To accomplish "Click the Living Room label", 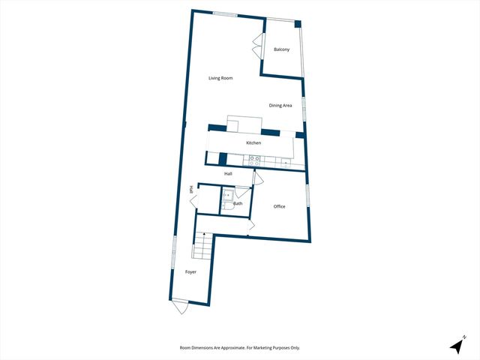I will (x=220, y=78).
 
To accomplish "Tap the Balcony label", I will (x=281, y=49).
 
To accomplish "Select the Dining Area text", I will (x=280, y=106).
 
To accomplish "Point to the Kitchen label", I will (x=253, y=142).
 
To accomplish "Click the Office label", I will (x=279, y=206).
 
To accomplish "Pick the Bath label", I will (x=238, y=203).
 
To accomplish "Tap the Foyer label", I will (x=190, y=271).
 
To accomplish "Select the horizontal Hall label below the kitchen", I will (x=228, y=174).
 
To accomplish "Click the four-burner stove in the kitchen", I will (x=254, y=159).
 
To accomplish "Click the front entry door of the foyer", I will (x=180, y=304).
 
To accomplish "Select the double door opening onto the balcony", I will (x=257, y=46).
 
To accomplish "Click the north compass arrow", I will (x=457, y=345).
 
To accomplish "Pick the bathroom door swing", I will (x=241, y=193).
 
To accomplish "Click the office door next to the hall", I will (x=257, y=178).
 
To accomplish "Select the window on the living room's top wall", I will (x=224, y=13).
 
